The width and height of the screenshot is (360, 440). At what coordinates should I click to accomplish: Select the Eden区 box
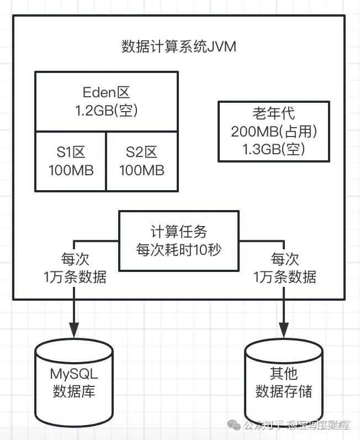pyautogui.click(x=106, y=101)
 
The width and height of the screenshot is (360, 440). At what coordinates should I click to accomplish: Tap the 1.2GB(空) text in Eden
pyautogui.click(x=106, y=111)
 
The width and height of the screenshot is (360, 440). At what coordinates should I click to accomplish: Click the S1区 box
pyautogui.click(x=71, y=161)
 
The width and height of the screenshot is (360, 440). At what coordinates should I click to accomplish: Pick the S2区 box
pyautogui.click(x=142, y=161)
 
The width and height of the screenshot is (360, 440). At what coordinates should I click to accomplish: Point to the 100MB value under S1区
pyautogui.click(x=71, y=170)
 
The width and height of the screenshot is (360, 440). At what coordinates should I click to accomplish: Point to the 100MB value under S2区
pyautogui.click(x=142, y=170)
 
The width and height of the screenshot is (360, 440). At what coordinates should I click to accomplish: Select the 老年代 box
pyautogui.click(x=274, y=131)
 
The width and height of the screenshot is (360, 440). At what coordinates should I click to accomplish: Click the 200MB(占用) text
pyautogui.click(x=274, y=132)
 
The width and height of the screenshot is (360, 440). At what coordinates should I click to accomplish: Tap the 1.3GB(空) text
pyautogui.click(x=274, y=149)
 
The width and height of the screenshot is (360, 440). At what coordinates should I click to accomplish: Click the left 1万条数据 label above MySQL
pyautogui.click(x=75, y=277)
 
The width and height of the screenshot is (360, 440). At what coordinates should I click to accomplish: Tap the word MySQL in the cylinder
pyautogui.click(x=73, y=373)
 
